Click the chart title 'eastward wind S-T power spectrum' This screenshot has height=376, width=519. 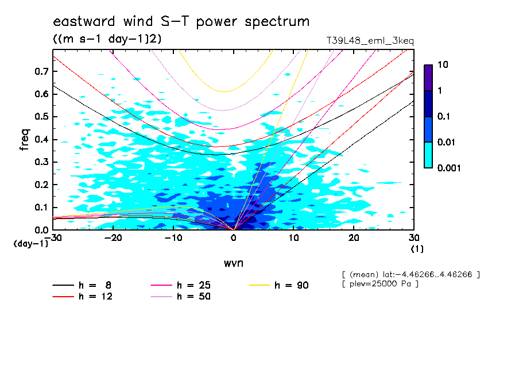click(181, 22)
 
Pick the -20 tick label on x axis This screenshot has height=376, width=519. click(114, 238)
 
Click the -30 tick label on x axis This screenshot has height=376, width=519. click(53, 238)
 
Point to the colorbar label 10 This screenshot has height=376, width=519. click(443, 65)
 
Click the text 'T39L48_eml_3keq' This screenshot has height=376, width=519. click(369, 41)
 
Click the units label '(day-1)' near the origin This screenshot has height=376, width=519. click(30, 244)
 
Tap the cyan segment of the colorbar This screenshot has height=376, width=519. click(428, 155)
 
